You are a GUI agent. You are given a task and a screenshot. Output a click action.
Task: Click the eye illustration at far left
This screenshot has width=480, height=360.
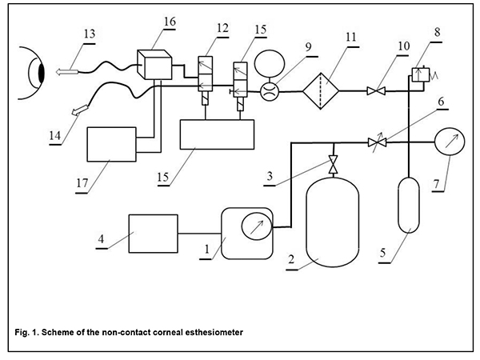[x=33, y=74]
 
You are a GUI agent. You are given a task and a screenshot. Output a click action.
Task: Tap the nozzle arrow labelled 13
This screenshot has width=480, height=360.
[x=70, y=71]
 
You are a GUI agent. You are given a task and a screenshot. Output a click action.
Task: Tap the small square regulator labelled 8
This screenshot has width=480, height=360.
[x=418, y=75]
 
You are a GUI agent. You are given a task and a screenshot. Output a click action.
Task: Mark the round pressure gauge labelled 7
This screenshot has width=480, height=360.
[x=452, y=142]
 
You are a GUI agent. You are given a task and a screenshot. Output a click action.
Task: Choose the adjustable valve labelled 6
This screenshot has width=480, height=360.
[x=377, y=142]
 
